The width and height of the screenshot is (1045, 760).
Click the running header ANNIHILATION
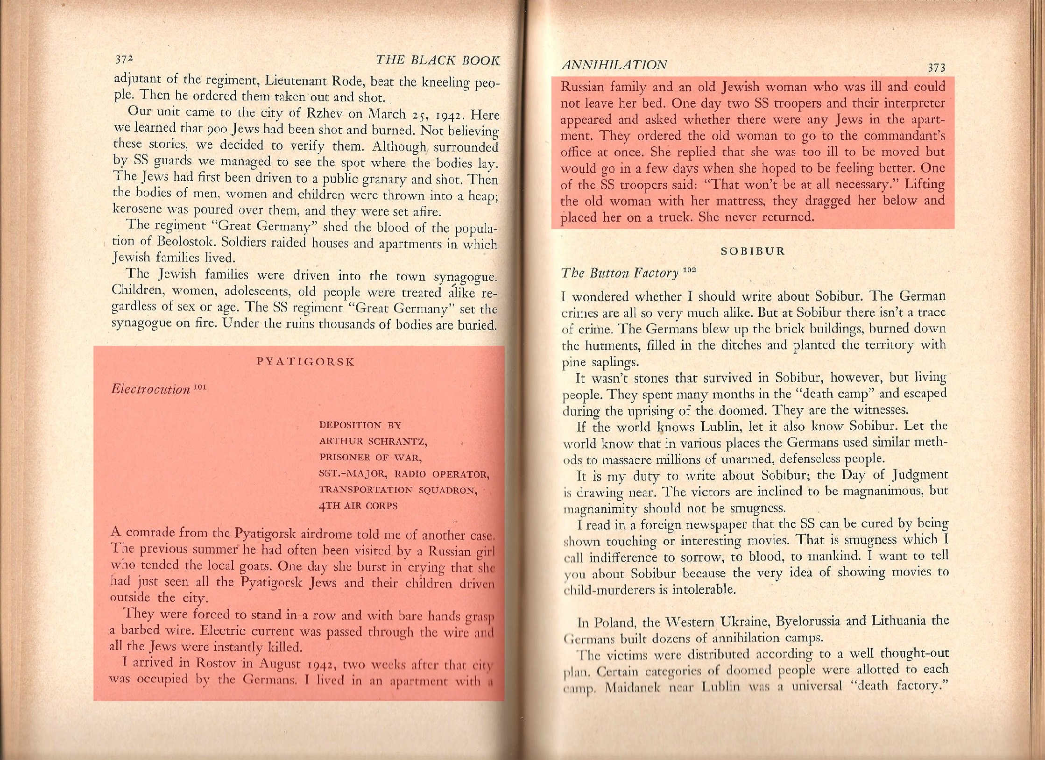pyautogui.click(x=614, y=64)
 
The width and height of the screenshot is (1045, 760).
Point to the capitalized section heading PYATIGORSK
pyautogui.click(x=306, y=362)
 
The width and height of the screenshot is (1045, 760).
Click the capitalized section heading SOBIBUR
pyautogui.click(x=753, y=251)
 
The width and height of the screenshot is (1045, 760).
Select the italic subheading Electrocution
pyautogui.click(x=150, y=390)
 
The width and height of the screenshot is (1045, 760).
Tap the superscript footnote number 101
pyautogui.click(x=199, y=386)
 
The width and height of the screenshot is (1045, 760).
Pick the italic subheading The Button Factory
pyautogui.click(x=620, y=273)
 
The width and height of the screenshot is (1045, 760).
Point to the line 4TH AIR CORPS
pyautogui.click(x=358, y=506)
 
